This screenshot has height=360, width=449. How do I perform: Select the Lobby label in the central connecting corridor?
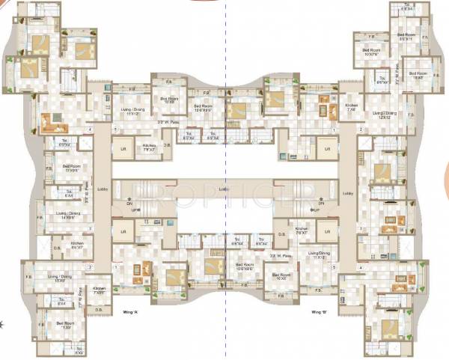click(x=223, y=189)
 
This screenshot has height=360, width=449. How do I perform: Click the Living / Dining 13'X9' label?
click(x=67, y=278)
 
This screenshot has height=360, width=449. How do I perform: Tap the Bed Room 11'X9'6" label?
click(x=73, y=168)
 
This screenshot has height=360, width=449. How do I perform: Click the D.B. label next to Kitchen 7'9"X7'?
click(x=167, y=145)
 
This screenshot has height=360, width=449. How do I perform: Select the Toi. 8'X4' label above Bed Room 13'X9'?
click(x=63, y=303)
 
